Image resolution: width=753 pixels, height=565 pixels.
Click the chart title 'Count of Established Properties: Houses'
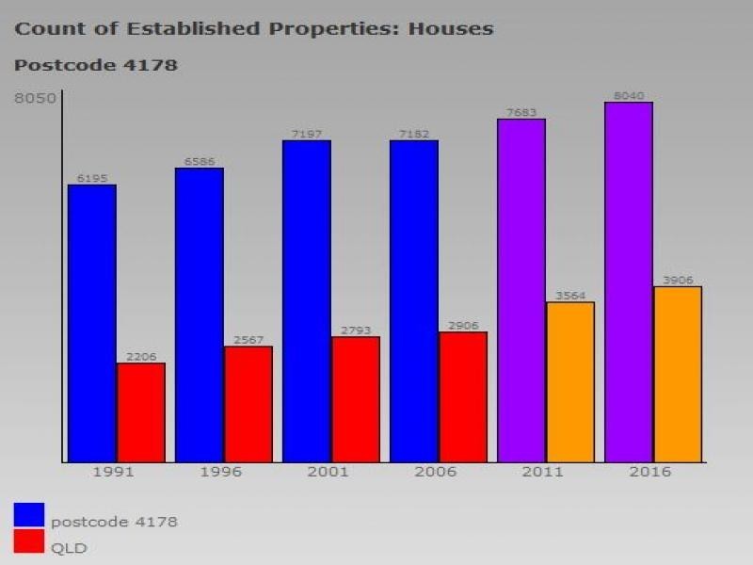pos(254,28)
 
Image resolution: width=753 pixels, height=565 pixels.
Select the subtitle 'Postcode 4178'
pos(96,66)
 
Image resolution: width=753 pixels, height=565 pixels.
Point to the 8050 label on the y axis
pos(35,98)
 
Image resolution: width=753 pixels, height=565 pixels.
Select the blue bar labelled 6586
pos(200,315)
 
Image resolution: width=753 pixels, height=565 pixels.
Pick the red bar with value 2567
pos(248,404)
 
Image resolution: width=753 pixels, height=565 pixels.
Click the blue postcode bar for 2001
pos(307,301)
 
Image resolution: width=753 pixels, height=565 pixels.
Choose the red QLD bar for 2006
pos(463,396)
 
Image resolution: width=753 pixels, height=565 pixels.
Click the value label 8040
pos(629,96)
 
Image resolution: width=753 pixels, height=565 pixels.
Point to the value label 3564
pos(570,296)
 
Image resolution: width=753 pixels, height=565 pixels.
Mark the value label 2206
pos(141,357)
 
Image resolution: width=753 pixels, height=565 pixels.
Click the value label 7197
pos(307,135)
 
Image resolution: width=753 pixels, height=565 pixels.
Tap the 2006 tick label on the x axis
pos(435,472)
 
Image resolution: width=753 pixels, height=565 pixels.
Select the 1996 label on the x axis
pos(220,472)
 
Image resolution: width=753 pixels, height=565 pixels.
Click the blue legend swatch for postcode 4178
pos(29,515)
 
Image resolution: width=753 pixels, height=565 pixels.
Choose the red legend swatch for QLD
pos(29,541)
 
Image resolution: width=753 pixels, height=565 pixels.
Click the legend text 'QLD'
pos(69,547)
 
